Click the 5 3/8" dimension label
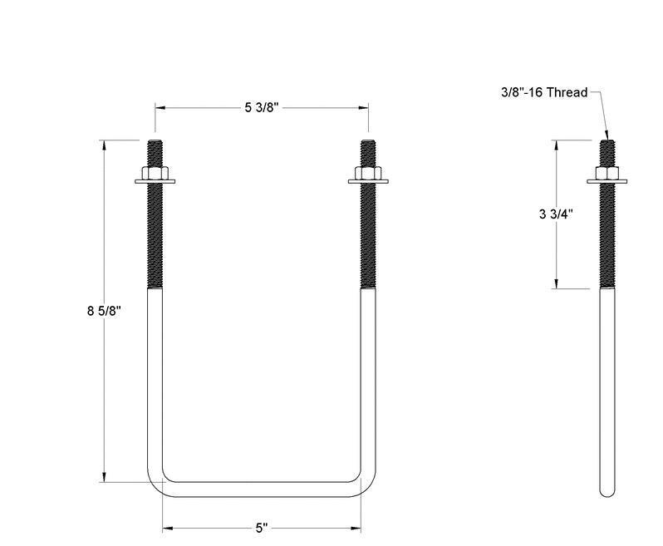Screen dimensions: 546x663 click(261, 108)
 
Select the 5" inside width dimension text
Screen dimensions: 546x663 click(261, 528)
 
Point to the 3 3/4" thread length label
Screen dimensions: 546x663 click(555, 214)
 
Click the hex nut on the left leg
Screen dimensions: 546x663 click(155, 175)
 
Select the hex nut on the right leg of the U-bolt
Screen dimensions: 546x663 click(367, 175)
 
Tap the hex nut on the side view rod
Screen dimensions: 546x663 click(607, 175)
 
